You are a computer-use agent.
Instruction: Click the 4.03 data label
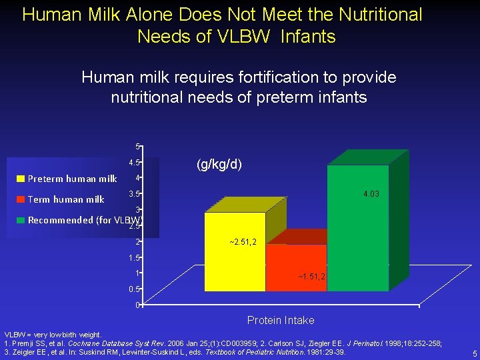372,194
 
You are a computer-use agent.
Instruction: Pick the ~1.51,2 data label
311,277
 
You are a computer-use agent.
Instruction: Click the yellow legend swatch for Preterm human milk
21,179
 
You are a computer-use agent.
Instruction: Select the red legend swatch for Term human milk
21,199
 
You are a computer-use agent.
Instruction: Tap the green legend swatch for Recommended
21,220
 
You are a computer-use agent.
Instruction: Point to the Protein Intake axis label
281,321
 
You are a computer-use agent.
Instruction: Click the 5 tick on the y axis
137,147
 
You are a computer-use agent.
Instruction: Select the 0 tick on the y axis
137,305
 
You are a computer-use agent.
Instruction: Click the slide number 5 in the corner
474,353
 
